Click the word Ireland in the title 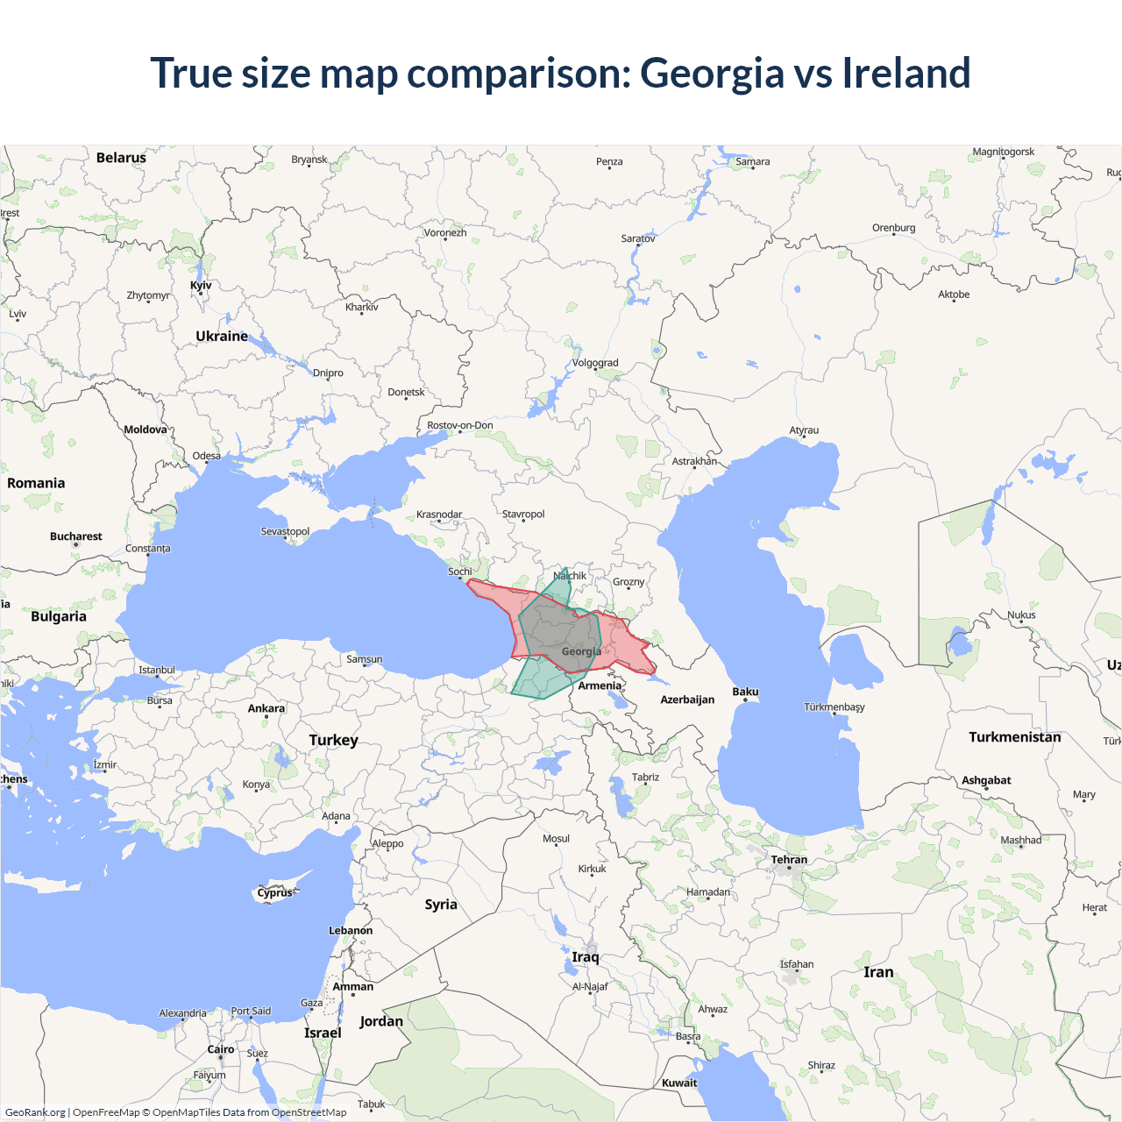pyautogui.click(x=906, y=73)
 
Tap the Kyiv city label pyautogui.click(x=201, y=286)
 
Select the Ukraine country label pyautogui.click(x=222, y=337)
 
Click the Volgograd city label pyautogui.click(x=595, y=363)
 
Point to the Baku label pyautogui.click(x=745, y=692)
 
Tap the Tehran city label pyautogui.click(x=789, y=860)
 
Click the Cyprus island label pyautogui.click(x=274, y=893)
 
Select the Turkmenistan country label pyautogui.click(x=1014, y=737)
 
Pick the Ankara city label pyautogui.click(x=266, y=708)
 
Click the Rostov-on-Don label pyautogui.click(x=460, y=426)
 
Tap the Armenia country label pyautogui.click(x=600, y=686)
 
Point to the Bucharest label pyautogui.click(x=75, y=536)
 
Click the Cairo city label pyautogui.click(x=221, y=1049)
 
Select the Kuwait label pyautogui.click(x=679, y=1083)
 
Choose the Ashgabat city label pyautogui.click(x=986, y=780)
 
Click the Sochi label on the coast pyautogui.click(x=460, y=572)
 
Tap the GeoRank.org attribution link pyautogui.click(x=35, y=1112)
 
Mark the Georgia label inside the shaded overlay pyautogui.click(x=581, y=651)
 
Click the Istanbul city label pyautogui.click(x=157, y=671)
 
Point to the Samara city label pyautogui.click(x=752, y=162)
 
